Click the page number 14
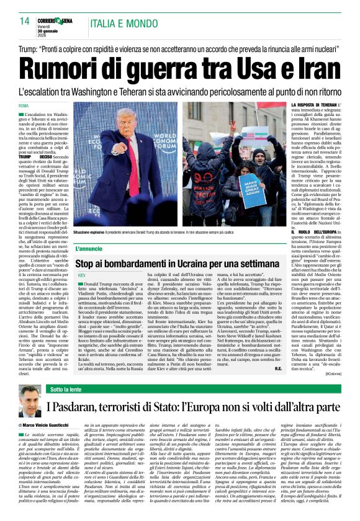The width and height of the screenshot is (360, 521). coord(24,21)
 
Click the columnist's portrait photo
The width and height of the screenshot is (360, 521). coord(30,403)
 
